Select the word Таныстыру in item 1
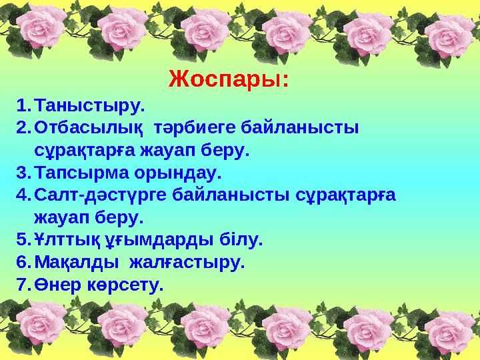coord(88,105)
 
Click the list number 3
coord(22,173)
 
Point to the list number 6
coord(22,263)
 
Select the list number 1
coord(22,105)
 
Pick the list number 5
coord(22,240)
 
